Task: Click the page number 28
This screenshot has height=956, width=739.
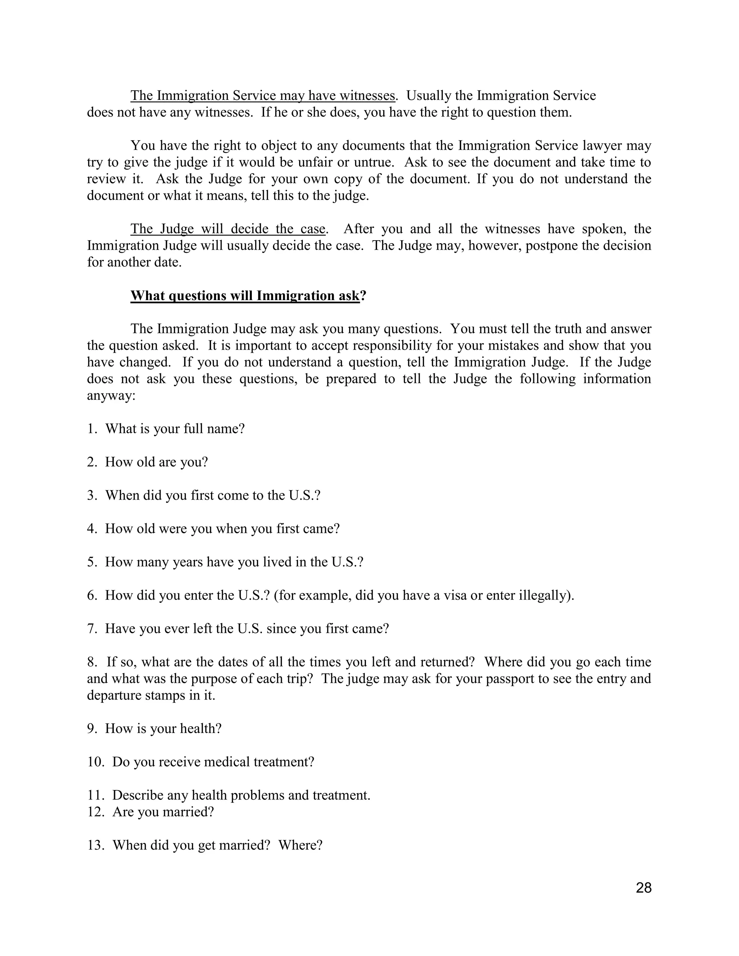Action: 643,888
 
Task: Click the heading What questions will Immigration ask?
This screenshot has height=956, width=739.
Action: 248,296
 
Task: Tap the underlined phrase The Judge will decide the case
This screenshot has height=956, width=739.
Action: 228,229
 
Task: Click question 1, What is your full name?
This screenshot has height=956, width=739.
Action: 174,429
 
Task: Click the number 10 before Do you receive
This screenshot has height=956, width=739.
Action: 95,762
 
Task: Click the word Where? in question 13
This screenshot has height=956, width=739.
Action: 300,845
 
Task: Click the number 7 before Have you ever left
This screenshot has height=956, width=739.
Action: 92,628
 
